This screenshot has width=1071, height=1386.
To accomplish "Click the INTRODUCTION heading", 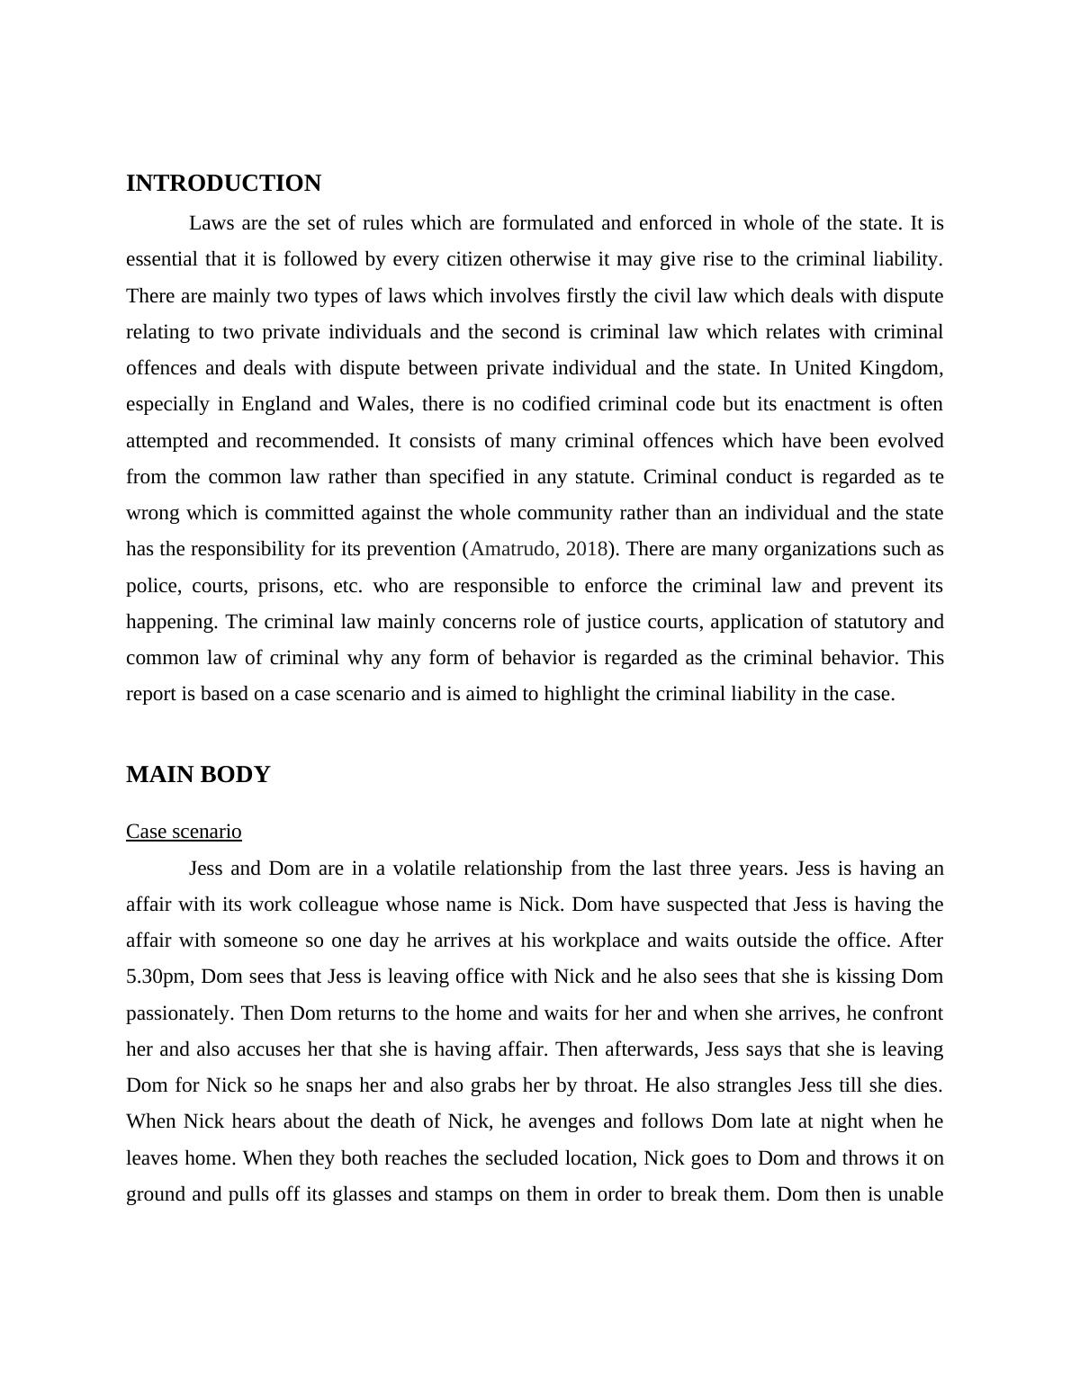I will pyautogui.click(x=223, y=184).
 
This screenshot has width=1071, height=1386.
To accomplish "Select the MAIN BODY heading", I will pyautogui.click(x=198, y=775).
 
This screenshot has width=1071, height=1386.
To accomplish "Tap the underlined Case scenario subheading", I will pyautogui.click(x=184, y=832).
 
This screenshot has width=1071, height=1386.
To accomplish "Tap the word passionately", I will pyautogui.click(x=180, y=1013).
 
